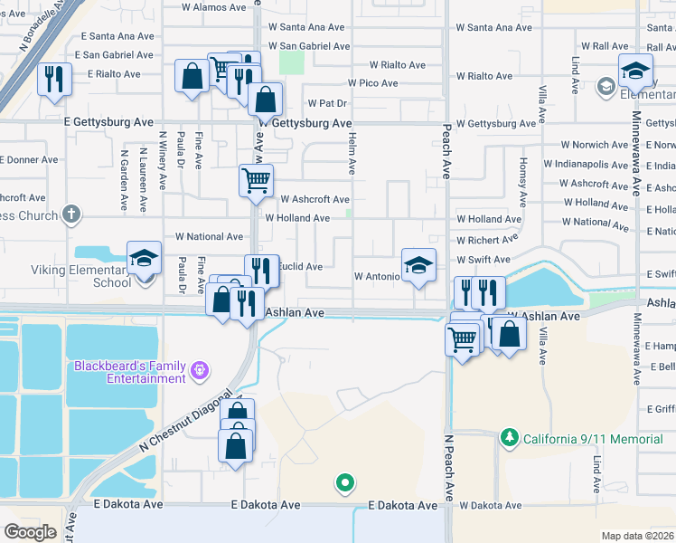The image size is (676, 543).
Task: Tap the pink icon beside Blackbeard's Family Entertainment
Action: pos(200,369)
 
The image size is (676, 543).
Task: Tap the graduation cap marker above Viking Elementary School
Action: pos(145,259)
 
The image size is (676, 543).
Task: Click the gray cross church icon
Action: pos(71,215)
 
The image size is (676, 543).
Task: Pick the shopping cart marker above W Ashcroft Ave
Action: pos(256,179)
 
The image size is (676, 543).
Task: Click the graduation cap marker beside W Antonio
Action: pos(418,265)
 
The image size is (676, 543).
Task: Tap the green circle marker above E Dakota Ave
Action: pos(343,484)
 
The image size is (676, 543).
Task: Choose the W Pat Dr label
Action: pos(327,103)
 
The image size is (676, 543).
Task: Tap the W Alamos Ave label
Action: pos(213,6)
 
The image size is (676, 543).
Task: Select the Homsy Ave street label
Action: pos(522,177)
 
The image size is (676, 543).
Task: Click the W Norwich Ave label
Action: pos(594,145)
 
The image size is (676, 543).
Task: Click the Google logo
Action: pos(31,532)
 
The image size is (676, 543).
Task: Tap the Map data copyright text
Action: pos(636,536)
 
